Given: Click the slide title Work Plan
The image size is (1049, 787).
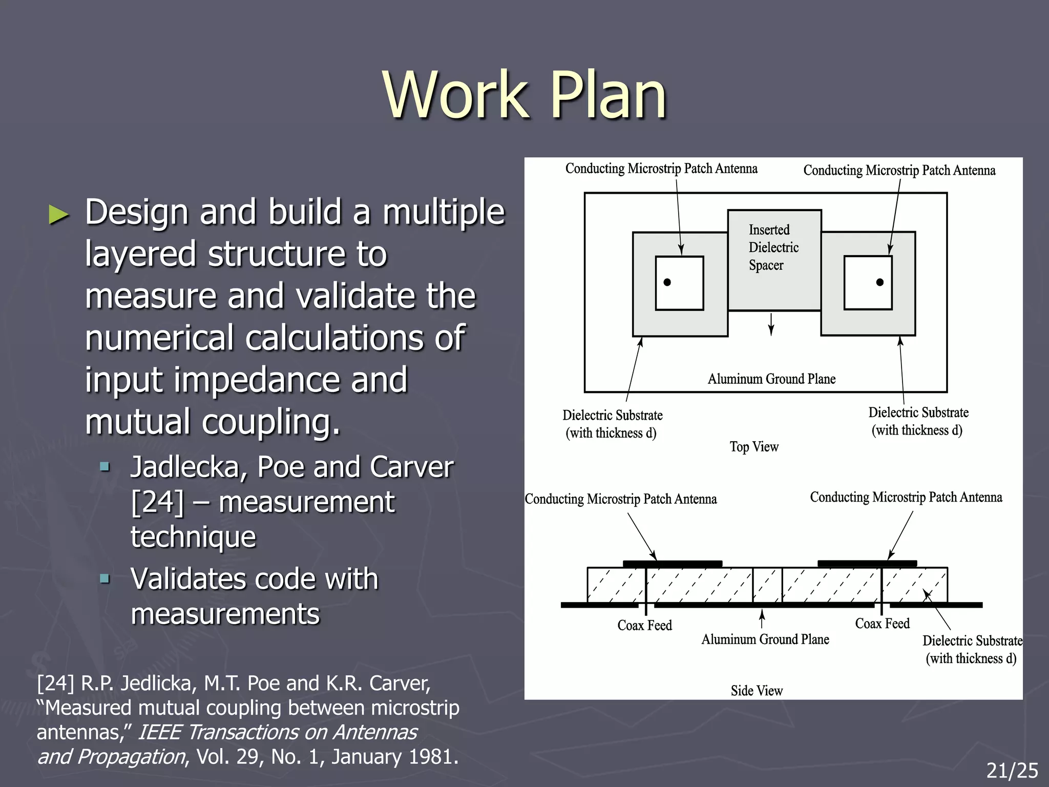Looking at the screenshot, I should click(524, 96).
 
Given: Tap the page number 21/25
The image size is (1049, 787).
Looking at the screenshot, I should click(1012, 770).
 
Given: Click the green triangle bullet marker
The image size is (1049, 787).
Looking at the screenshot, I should click(58, 214).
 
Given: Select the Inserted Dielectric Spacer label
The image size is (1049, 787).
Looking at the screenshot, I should click(773, 247).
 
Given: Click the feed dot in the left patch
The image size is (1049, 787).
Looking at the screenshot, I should click(667, 282).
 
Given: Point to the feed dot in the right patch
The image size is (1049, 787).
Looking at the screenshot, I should click(880, 282).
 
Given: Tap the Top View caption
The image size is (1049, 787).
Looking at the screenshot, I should click(754, 447).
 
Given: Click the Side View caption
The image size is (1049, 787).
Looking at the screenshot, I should click(757, 691).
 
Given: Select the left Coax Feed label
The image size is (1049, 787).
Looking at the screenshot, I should click(644, 625).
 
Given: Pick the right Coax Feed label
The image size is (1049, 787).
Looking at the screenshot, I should click(882, 623).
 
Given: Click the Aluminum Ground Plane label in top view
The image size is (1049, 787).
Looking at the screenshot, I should click(771, 379).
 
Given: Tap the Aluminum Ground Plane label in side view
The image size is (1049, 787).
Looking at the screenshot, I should click(765, 639).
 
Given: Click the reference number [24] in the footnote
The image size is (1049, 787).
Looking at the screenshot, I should click(55, 684).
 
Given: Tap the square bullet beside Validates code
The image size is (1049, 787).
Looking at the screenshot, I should click(105, 579).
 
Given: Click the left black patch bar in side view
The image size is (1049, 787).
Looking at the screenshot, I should click(673, 564).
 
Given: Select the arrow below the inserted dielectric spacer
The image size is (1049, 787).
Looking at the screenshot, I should click(771, 324).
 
